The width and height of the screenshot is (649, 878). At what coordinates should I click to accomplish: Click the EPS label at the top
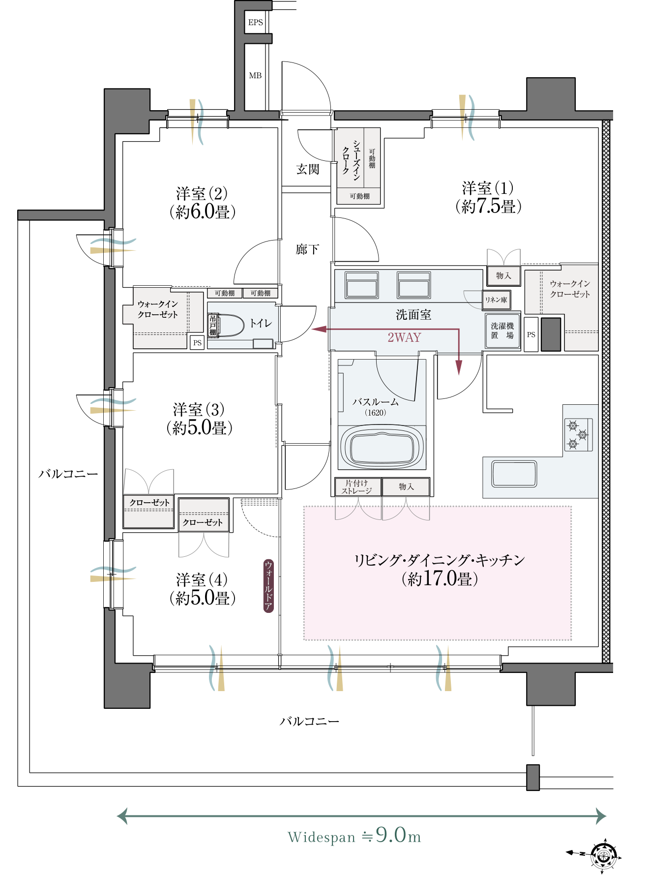click(x=256, y=23)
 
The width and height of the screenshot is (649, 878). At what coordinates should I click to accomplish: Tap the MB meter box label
click(x=255, y=76)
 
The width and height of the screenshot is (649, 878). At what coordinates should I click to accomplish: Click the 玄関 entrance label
click(x=308, y=169)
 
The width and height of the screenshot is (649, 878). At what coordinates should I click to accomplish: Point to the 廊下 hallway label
click(x=307, y=249)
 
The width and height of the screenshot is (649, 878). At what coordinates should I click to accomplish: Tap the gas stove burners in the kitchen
click(x=578, y=434)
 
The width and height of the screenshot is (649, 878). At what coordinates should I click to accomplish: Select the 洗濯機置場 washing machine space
click(x=502, y=331)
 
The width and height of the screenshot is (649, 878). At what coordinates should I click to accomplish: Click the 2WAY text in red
click(x=404, y=337)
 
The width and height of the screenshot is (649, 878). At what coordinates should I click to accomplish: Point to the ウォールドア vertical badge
click(x=268, y=586)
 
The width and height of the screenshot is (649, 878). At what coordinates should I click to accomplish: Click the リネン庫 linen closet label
click(x=496, y=300)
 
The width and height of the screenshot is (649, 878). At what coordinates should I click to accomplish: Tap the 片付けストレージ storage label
click(x=356, y=487)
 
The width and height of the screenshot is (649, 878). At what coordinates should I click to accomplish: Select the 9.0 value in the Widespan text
click(x=391, y=835)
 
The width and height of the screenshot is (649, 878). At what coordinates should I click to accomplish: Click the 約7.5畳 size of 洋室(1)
click(x=488, y=206)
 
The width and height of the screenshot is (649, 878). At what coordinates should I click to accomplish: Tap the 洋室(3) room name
click(x=199, y=409)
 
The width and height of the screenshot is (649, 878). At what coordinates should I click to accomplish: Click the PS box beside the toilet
click(x=197, y=343)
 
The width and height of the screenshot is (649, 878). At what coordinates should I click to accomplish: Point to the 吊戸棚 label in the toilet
click(x=213, y=325)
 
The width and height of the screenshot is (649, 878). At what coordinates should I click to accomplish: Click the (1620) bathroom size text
click(x=375, y=413)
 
